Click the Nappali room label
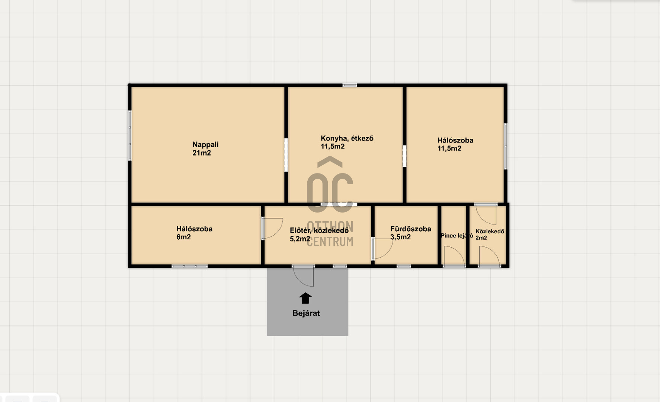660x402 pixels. coord(205,144)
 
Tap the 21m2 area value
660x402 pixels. coord(202,153)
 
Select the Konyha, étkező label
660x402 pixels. coord(347,138)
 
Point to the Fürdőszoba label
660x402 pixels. coord(411,229)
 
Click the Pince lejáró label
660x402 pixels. coord(457,236)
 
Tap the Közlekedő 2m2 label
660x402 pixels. coord(490,234)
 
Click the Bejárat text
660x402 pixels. coord(306,313)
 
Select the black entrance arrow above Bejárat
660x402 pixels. coord(305,298)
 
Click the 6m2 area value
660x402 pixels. coord(183,237)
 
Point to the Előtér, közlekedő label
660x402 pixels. coord(319,230)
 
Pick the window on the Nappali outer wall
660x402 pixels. coord(130,135)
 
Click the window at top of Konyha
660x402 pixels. coord(350,85)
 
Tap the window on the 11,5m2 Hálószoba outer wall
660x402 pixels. coord(506,146)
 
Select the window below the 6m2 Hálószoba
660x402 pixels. coord(190,266)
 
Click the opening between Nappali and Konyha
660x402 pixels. coord(286,155)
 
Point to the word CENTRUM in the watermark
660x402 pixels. coord(330,242)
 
